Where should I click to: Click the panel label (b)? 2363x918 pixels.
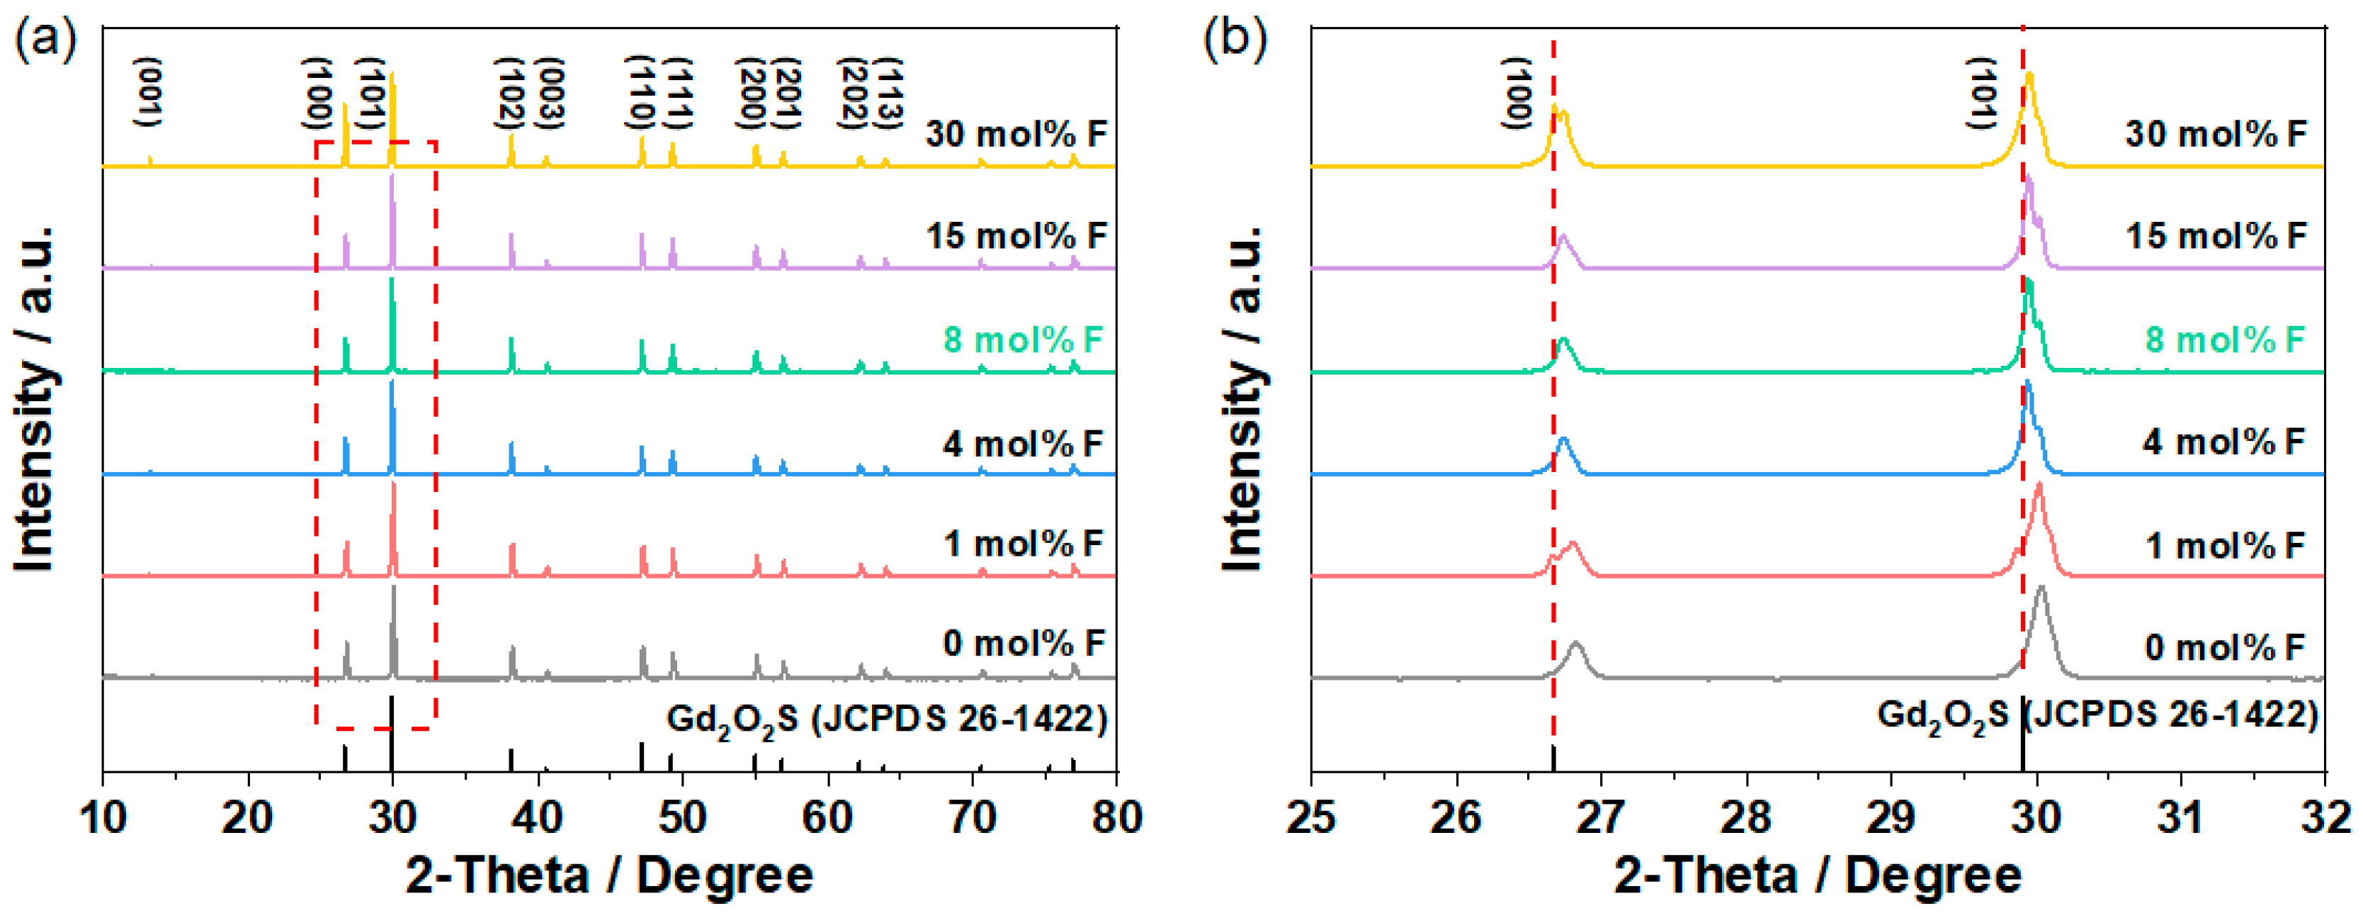1235,40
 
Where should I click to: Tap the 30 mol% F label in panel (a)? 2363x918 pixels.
1016,134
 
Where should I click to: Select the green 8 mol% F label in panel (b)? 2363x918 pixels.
2223,340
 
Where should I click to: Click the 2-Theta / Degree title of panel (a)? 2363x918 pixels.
609,875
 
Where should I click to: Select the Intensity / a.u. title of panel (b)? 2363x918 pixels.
1244,399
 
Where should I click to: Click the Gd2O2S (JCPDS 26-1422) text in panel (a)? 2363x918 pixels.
886,719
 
